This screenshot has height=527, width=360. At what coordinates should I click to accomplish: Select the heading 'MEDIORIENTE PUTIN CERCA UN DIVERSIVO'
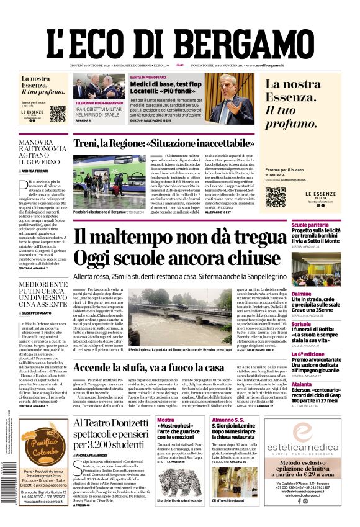point(43,294)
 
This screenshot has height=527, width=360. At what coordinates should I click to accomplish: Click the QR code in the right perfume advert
point(275,197)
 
